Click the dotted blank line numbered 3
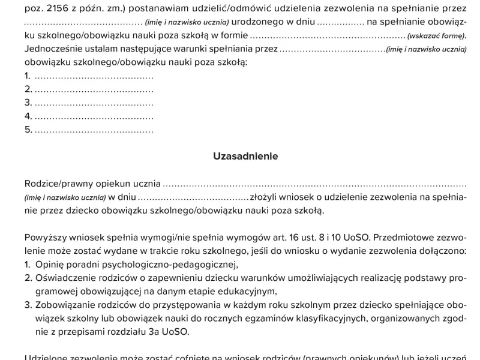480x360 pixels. (94, 103)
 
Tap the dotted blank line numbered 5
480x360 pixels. (94, 130)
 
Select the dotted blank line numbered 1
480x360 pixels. (94, 77)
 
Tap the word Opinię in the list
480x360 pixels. (50, 265)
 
